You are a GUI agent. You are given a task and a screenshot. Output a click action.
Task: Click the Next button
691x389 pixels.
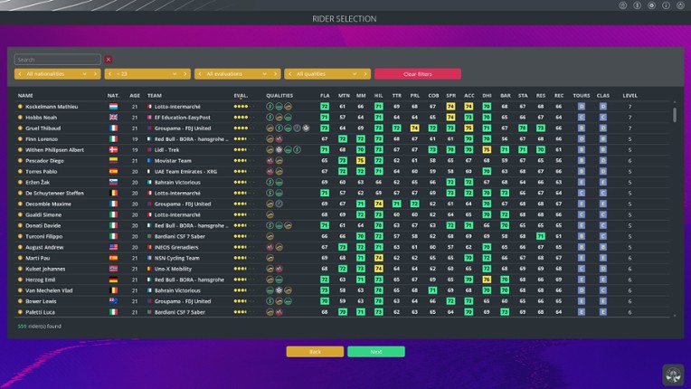[x=375, y=351]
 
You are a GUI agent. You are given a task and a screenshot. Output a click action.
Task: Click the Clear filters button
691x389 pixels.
[x=417, y=74]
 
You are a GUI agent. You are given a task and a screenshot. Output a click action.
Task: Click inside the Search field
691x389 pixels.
[x=57, y=60]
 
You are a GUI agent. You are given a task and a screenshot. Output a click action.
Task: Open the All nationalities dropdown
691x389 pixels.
[x=57, y=74]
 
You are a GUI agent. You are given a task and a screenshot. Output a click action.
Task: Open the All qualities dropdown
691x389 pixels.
[x=327, y=74]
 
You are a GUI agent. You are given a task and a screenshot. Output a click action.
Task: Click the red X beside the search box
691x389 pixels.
[x=109, y=60]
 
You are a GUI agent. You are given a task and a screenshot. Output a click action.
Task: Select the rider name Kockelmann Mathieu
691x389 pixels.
[x=52, y=107]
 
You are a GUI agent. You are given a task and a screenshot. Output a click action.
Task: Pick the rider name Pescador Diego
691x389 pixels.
[x=44, y=160]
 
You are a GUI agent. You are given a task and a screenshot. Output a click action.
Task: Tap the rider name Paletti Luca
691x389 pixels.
[x=40, y=312]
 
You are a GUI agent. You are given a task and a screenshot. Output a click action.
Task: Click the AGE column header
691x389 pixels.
[x=135, y=95]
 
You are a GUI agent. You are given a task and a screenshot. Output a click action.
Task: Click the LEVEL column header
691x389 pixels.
[x=629, y=95]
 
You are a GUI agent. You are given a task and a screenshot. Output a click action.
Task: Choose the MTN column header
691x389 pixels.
[x=344, y=95]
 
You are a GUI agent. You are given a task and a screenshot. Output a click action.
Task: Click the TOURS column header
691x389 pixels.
[x=581, y=95]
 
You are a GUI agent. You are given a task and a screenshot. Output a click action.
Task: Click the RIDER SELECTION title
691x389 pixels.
[x=345, y=19]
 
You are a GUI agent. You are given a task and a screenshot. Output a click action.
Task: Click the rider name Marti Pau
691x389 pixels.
[x=38, y=258]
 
